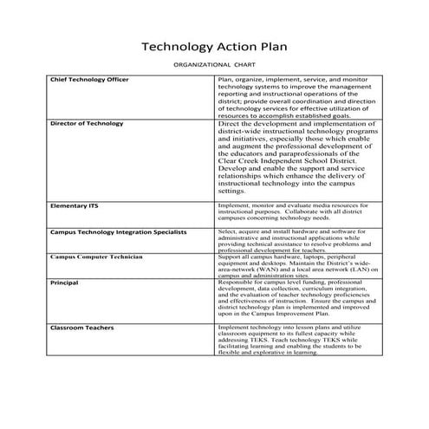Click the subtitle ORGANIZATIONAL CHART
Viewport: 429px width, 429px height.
[x=215, y=66]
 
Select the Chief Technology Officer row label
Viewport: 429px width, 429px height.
[x=90, y=80]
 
